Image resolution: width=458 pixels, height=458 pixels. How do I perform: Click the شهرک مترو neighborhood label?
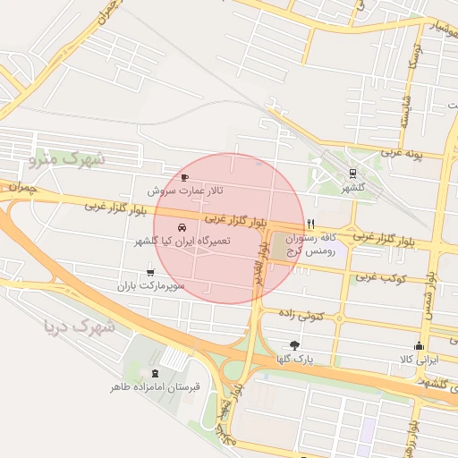[67, 160]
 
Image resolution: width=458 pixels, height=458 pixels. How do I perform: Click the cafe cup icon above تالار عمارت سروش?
[185, 177]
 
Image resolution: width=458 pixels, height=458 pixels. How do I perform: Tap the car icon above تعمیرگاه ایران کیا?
[183, 227]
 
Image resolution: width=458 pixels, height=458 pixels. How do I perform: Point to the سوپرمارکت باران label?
[150, 286]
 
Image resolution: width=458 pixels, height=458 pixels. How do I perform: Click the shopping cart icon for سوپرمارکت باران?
[149, 272]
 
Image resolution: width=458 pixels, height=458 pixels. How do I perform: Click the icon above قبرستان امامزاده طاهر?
[157, 372]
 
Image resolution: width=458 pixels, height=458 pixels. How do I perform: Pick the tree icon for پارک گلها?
[295, 344]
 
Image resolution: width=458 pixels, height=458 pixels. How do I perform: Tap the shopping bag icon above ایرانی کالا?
[419, 346]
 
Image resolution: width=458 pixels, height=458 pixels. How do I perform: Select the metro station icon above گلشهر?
[353, 174]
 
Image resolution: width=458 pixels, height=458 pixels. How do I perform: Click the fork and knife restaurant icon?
[310, 223]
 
